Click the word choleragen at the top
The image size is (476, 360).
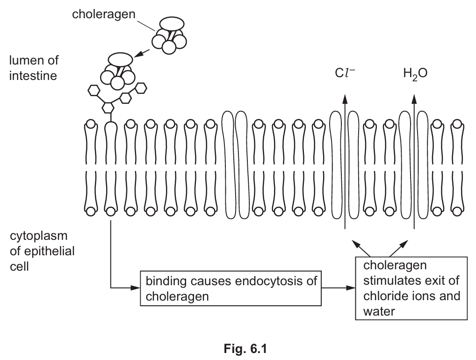[103, 14]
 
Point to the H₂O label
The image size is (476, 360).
[415, 74]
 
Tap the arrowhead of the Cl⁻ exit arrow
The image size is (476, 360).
[345, 97]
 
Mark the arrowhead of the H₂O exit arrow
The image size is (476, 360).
[414, 97]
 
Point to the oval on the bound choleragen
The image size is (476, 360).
[121, 58]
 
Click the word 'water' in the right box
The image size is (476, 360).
[379, 310]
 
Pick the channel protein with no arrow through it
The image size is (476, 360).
[234, 165]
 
